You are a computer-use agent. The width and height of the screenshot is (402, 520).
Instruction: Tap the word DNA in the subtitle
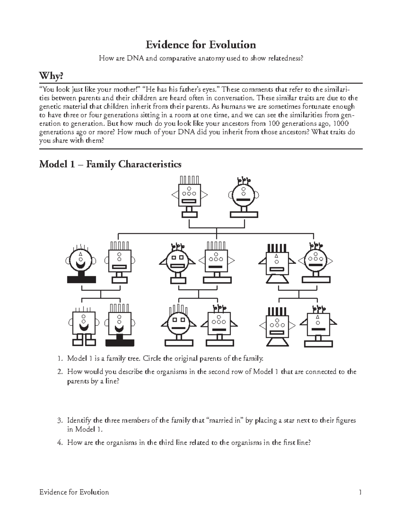[134, 59]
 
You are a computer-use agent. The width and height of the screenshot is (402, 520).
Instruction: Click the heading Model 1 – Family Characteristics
[110, 164]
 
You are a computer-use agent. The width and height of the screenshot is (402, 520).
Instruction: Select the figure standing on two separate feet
[84, 326]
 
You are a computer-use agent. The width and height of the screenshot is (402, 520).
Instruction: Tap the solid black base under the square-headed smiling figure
[120, 343]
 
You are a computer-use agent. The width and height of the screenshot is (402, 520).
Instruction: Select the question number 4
[60, 443]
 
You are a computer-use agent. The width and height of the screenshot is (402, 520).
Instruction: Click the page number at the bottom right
[360, 492]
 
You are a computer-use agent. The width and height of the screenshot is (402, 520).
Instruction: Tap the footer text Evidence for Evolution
[74, 492]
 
